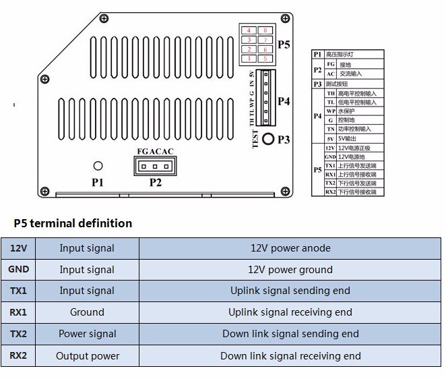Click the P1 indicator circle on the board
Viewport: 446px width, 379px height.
(x=98, y=166)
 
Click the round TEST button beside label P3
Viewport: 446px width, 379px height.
(x=268, y=140)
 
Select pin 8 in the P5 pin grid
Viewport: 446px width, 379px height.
(x=265, y=30)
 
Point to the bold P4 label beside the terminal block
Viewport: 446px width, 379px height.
(x=284, y=101)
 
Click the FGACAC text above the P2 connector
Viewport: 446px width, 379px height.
(x=155, y=151)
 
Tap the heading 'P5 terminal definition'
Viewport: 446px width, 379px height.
(x=73, y=223)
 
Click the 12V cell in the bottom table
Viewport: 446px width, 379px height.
(x=18, y=248)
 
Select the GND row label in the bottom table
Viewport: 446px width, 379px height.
(x=18, y=270)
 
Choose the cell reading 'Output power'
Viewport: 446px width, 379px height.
(x=87, y=355)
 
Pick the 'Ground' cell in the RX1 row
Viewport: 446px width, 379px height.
(x=87, y=312)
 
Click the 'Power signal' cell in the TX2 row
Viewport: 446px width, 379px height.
(x=87, y=334)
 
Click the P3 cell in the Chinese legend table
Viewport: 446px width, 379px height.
(x=317, y=84)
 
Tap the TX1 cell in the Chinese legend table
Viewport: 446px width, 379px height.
(x=330, y=165)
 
